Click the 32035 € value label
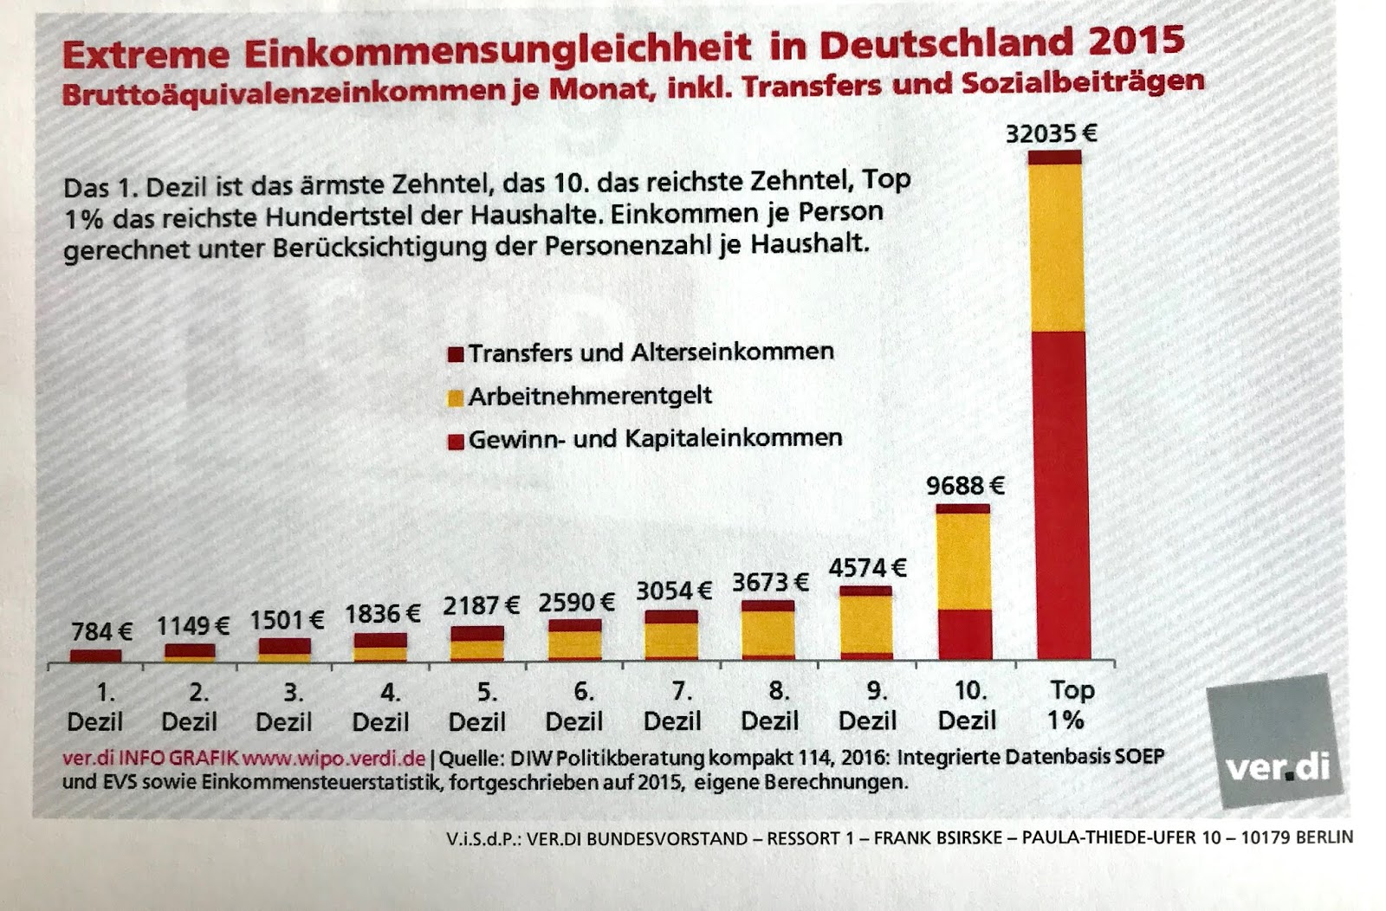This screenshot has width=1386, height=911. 1051,133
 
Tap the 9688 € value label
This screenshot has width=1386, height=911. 965,486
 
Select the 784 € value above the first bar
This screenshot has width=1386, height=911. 101,632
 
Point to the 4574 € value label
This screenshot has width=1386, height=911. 867,568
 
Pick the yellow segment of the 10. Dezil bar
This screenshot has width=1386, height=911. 963,561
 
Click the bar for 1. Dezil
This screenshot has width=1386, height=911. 95,656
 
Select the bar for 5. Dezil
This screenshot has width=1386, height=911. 476,644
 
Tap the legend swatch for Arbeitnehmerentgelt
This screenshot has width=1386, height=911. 456,398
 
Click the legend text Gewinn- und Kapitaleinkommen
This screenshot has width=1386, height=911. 655,439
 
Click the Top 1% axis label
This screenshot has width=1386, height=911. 1070,705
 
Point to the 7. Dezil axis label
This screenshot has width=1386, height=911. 673,706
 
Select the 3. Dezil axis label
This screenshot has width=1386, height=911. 284,707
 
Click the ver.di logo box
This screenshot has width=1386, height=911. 1273,740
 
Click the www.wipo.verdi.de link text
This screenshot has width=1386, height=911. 334,759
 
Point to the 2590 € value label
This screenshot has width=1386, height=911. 576,602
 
